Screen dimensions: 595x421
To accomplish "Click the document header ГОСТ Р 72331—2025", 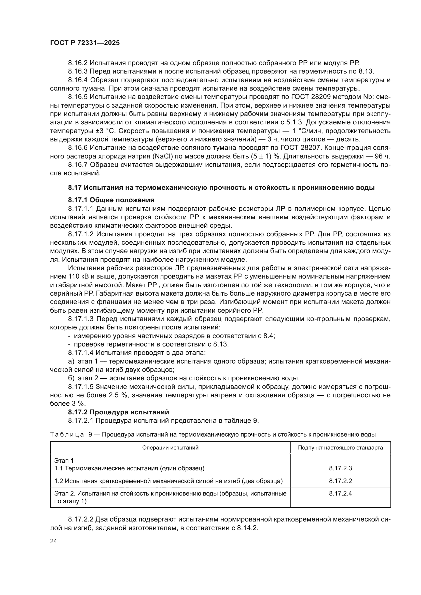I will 85,43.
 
